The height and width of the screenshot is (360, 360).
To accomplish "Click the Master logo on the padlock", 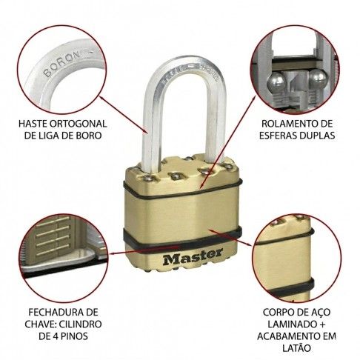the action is pyautogui.click(x=193, y=257).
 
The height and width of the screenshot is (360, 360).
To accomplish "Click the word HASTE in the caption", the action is pyautogui.click(x=33, y=124).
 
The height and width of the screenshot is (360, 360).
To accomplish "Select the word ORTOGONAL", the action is pyautogui.click(x=78, y=124).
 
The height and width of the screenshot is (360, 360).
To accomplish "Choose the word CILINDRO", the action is pyautogui.click(x=81, y=324).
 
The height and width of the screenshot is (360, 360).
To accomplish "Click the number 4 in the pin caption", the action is pyautogui.click(x=54, y=336).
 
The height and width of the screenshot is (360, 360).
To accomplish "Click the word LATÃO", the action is pyautogui.click(x=296, y=347).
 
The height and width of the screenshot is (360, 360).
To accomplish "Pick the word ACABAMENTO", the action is pyautogui.click(x=288, y=336).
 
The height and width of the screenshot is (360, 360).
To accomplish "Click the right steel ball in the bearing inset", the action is pyautogui.click(x=318, y=79).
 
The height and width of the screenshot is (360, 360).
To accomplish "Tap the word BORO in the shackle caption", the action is pyautogui.click(x=90, y=136).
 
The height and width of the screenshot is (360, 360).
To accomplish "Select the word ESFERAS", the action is pyautogui.click(x=275, y=136).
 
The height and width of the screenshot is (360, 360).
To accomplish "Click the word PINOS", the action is pyautogui.click(x=73, y=336).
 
